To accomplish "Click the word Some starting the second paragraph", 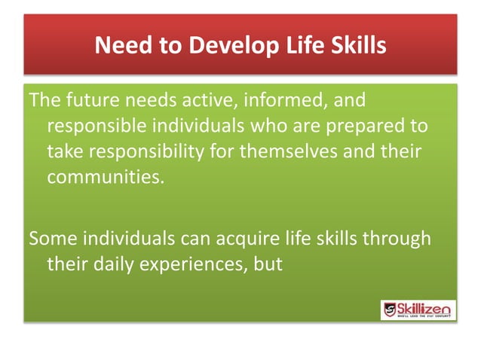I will (x=52, y=239).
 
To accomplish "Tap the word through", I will (x=397, y=239).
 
